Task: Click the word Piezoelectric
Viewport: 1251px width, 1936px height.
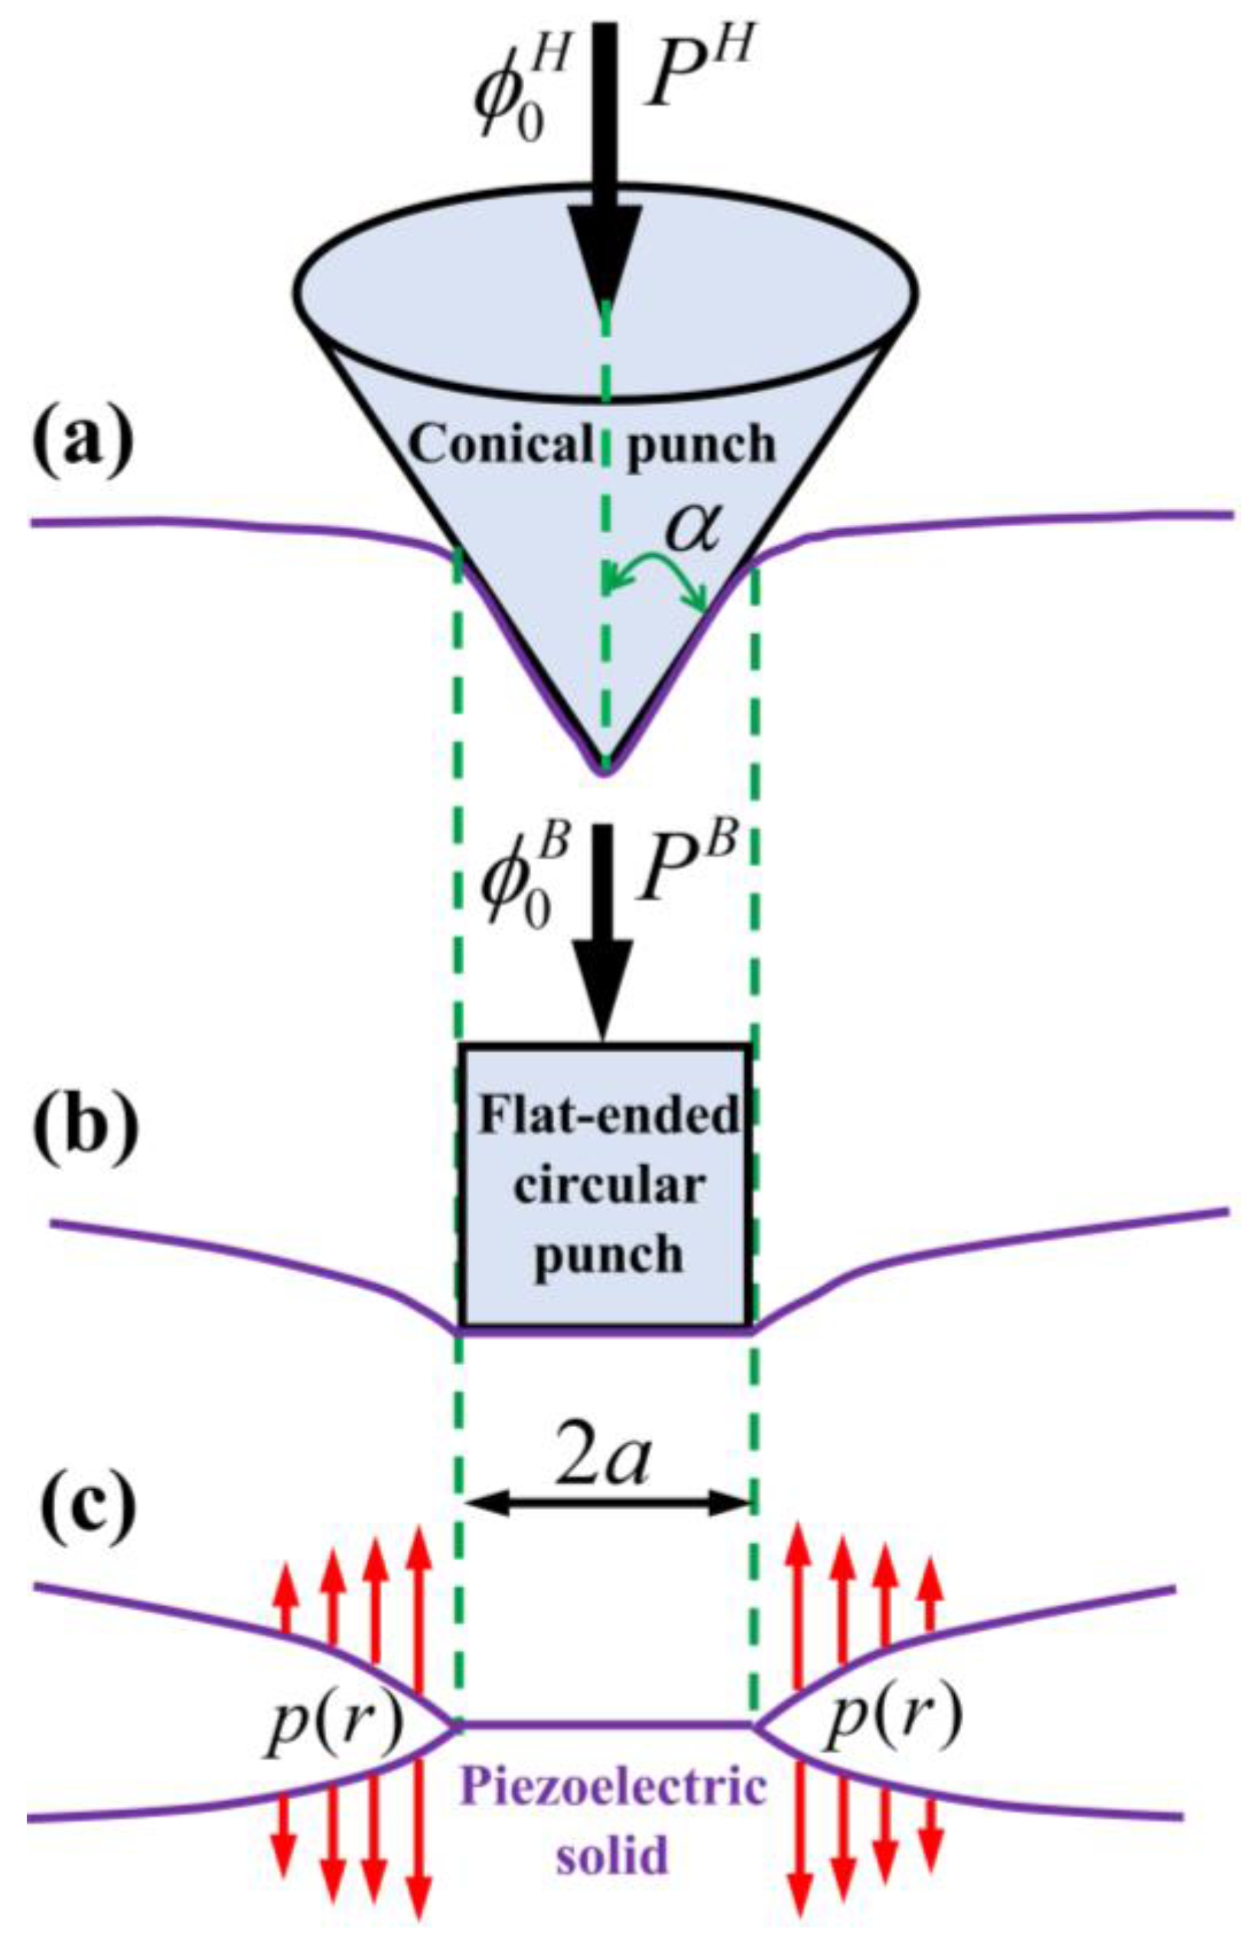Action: (614, 1786)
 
